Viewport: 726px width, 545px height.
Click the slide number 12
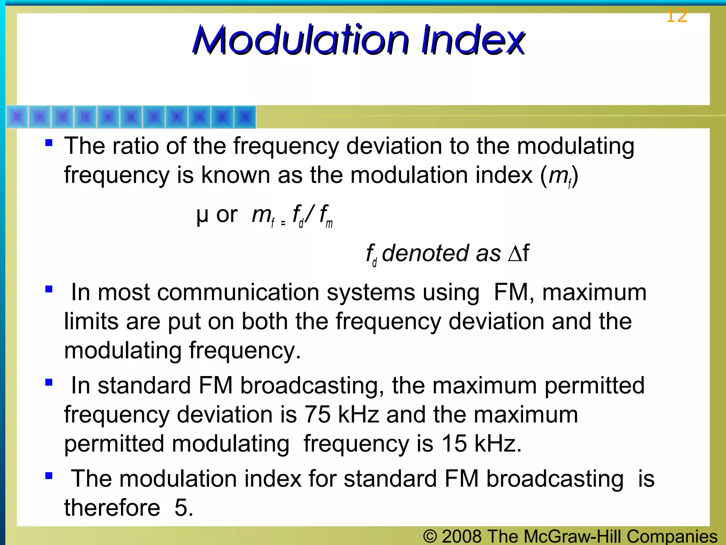pos(676,16)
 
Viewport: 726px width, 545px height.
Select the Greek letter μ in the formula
pos(202,215)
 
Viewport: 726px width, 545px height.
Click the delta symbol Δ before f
pos(514,253)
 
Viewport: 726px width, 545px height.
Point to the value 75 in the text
pos(317,414)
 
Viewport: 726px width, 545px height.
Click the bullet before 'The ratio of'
pos(49,143)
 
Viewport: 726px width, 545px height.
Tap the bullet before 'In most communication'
pos(49,289)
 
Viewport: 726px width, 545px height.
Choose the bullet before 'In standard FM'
pos(49,382)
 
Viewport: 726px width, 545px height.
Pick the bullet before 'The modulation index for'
pos(49,475)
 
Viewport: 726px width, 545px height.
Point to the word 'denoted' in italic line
pos(425,253)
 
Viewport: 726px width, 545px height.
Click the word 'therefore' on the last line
pos(112,507)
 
